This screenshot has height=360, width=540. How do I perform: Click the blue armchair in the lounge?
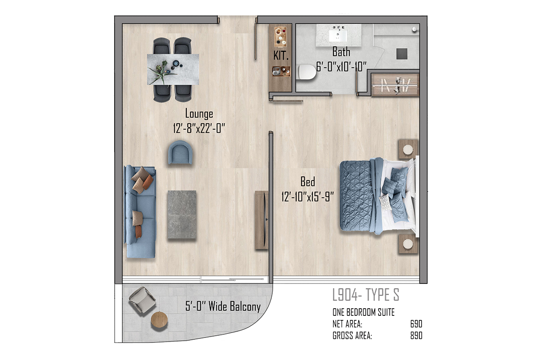(180, 153)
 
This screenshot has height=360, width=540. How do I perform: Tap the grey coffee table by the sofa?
(182, 214)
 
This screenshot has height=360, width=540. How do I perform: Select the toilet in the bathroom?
(307, 72)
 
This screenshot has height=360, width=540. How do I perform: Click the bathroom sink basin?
(338, 36)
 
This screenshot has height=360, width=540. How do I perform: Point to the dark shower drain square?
(402, 54)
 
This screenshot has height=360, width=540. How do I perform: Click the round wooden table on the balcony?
(159, 320)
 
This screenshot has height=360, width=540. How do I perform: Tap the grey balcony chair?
(143, 300)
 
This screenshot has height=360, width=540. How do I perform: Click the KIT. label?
(281, 56)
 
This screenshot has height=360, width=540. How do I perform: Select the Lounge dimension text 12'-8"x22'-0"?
(199, 128)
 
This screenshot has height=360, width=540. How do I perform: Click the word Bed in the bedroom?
(308, 181)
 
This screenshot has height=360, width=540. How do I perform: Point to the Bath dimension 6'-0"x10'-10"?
(341, 67)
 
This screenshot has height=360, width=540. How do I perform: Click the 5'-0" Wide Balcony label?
(223, 306)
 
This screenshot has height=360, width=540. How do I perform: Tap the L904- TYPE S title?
(366, 295)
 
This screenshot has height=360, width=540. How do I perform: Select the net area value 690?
(416, 324)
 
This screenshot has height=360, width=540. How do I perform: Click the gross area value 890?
(416, 336)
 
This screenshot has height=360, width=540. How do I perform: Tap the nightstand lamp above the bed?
(408, 149)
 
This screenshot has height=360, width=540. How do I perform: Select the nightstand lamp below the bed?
(408, 244)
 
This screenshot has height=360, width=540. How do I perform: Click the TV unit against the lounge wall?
(261, 220)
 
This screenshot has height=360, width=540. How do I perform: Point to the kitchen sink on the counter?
(276, 71)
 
